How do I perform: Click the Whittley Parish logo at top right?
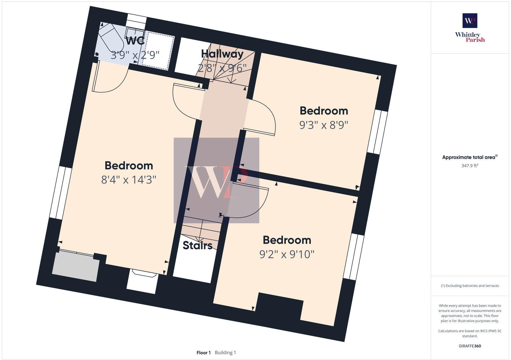[x=470, y=28]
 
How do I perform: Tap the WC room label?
[x=135, y=41]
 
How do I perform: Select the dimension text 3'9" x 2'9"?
[x=135, y=55]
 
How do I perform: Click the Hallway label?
[x=222, y=54]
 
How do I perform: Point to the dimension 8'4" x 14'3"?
[x=128, y=180]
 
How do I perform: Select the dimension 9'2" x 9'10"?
[x=287, y=254]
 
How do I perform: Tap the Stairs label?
[x=197, y=245]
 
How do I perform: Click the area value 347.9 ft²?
[x=469, y=166]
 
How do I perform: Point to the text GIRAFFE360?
[x=469, y=346]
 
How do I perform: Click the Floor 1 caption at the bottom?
[x=203, y=353]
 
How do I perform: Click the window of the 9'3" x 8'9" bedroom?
[x=378, y=132]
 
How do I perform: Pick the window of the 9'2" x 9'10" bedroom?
[x=354, y=257]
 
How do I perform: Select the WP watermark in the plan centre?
[x=216, y=180]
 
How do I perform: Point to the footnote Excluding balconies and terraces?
[x=469, y=286]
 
